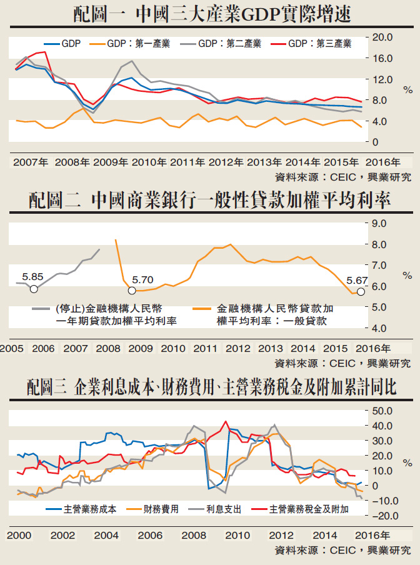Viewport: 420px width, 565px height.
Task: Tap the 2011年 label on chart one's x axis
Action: [187, 162]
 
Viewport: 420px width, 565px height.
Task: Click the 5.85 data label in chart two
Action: [32, 276]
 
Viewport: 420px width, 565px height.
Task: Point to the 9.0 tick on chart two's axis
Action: [379, 223]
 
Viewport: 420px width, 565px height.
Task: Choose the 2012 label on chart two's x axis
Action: [238, 348]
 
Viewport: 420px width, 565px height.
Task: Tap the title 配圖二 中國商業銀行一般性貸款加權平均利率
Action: [209, 201]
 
